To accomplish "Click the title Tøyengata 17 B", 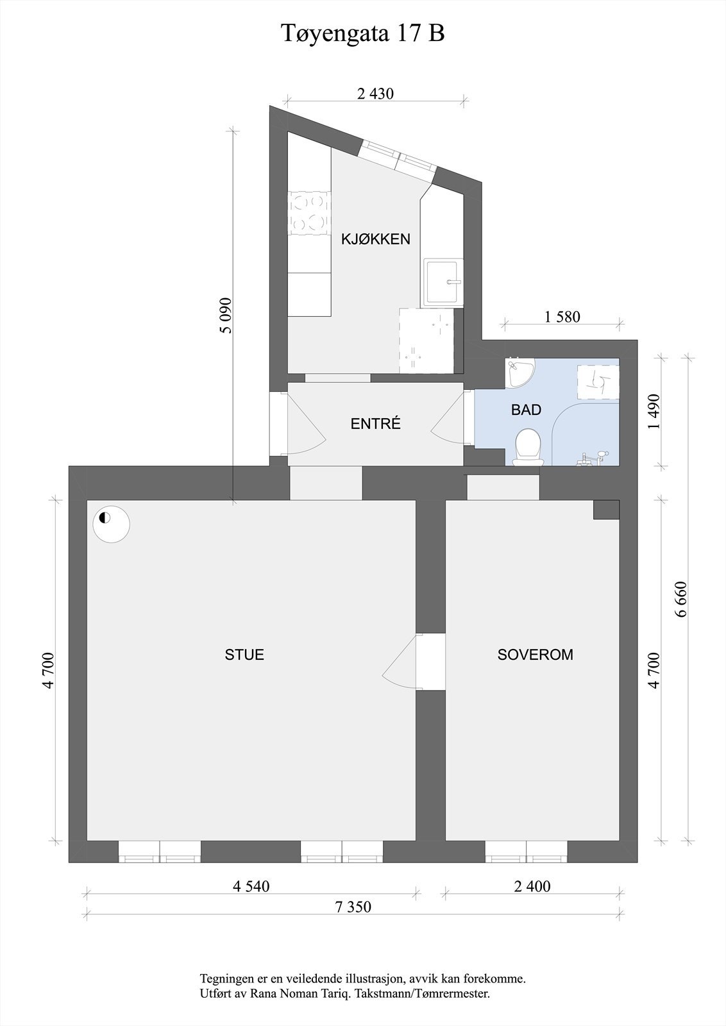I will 363,33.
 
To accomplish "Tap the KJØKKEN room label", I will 375,239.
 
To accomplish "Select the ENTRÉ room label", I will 375,424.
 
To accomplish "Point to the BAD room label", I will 526,410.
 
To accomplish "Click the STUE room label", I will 244,655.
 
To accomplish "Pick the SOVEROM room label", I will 536,655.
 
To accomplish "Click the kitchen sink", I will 442,282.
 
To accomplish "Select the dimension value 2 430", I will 375,94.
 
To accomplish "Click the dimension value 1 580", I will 562,317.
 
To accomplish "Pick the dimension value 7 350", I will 353,907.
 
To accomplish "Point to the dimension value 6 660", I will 681,598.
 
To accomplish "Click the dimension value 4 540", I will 251,886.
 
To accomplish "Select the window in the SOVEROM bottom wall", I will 526,852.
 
